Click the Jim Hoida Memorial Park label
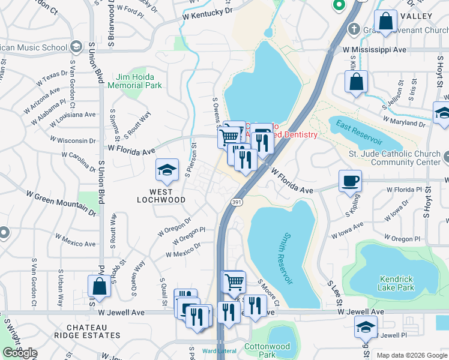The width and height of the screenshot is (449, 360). pyautogui.click(x=135, y=81)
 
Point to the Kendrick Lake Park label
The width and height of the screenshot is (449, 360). pyautogui.click(x=397, y=283)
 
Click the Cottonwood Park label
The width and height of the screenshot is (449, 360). pyautogui.click(x=267, y=350)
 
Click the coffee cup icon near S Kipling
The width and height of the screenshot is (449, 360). pyautogui.click(x=350, y=181)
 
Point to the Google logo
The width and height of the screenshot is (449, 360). pyautogui.click(x=20, y=353)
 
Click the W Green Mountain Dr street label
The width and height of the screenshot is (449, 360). pyautogui.click(x=61, y=203)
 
